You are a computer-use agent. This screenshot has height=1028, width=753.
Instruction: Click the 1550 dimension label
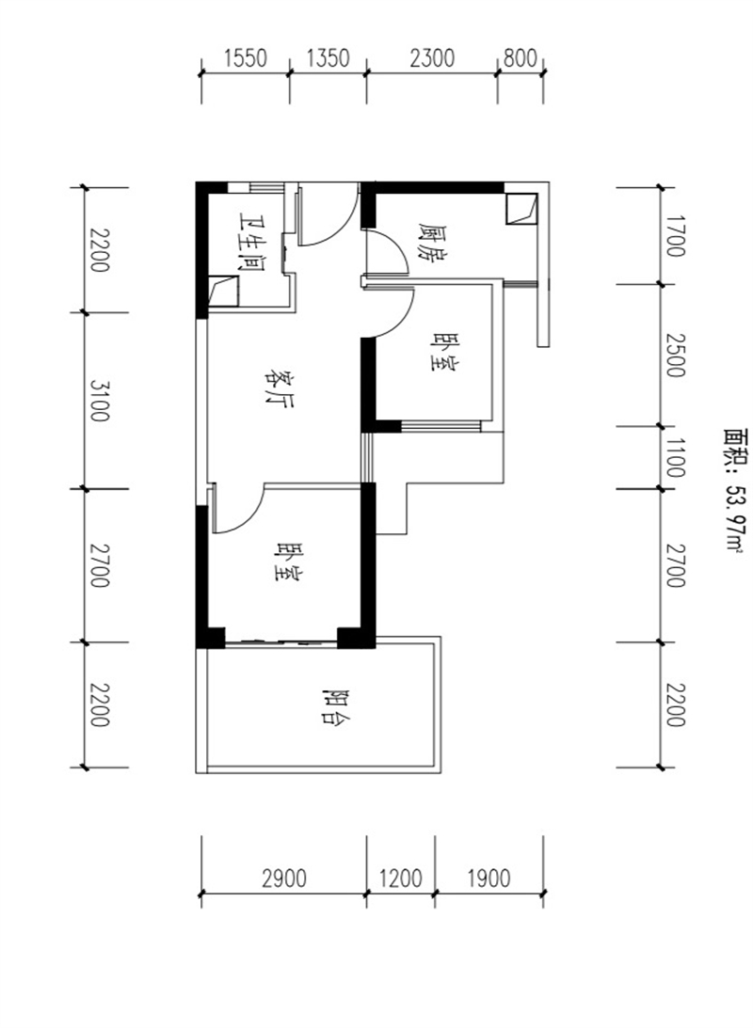[245, 59]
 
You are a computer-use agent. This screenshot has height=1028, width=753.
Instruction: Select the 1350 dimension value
[328, 59]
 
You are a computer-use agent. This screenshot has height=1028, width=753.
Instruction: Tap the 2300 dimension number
[432, 59]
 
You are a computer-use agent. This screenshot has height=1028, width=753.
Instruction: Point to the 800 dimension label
[521, 59]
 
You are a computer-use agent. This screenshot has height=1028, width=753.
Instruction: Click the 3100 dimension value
[99, 400]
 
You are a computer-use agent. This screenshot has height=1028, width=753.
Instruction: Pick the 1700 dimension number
[675, 236]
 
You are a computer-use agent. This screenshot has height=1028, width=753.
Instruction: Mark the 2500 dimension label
[675, 356]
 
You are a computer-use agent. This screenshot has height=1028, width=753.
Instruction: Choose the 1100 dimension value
[675, 458]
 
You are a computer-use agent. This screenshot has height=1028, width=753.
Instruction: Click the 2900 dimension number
[284, 878]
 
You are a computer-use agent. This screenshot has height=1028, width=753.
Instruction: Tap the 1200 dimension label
[400, 878]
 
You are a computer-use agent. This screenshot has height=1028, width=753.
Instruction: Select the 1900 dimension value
[489, 878]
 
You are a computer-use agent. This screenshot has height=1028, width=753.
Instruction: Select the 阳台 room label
[336, 706]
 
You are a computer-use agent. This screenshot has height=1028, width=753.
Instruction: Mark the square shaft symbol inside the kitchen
[521, 209]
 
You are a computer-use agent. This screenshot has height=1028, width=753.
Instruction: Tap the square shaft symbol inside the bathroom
[223, 292]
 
